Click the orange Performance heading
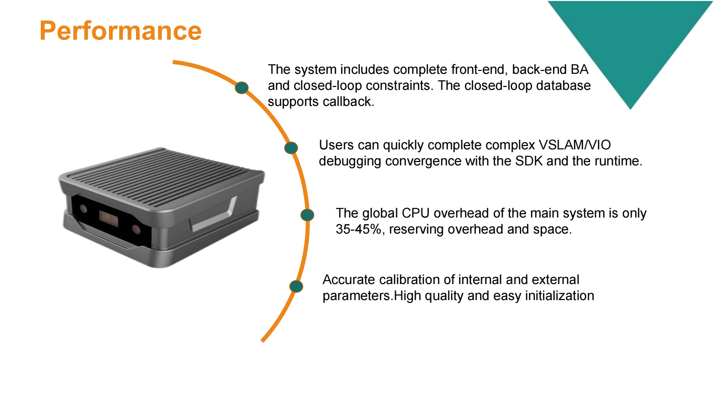pos(121,31)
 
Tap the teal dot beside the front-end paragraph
pos(242,88)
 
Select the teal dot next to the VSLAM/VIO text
pos(291,148)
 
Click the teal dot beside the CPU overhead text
pos(307,215)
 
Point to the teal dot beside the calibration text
pos(296,286)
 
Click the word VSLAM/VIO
pos(575,145)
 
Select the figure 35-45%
pos(359,230)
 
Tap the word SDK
pos(529,161)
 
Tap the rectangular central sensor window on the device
pos(109,219)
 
